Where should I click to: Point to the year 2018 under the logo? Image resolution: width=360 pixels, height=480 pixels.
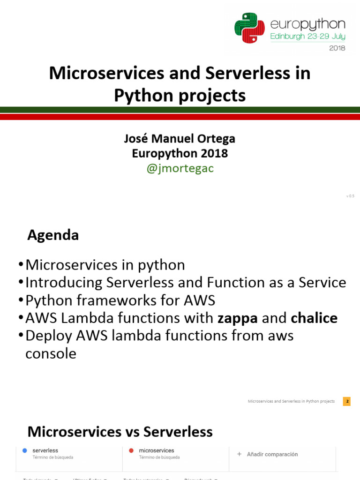point(337,48)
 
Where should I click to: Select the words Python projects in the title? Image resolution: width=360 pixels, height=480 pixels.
point(180,95)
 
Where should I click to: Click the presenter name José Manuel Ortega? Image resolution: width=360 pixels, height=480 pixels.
point(180,139)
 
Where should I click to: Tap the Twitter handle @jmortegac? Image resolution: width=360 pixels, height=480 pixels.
point(180,169)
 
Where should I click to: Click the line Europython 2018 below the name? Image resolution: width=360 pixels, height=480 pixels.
point(180,153)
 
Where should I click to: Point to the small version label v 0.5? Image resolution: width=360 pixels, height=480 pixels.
point(350,196)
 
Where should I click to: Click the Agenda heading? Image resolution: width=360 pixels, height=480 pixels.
point(53,235)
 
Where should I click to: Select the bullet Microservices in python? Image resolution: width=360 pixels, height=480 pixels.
point(105,265)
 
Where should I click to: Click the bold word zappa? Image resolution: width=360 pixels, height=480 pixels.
point(238,318)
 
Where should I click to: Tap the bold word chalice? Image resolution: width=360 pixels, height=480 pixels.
point(314,318)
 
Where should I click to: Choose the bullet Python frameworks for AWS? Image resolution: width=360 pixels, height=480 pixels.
point(120,300)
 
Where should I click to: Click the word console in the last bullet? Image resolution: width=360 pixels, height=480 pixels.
point(51,354)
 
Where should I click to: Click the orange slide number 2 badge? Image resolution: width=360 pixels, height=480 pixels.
point(347,401)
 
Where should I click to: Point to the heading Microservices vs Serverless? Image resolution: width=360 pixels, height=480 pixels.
point(120,432)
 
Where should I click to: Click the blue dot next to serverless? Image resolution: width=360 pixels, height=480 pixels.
point(24,450)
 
